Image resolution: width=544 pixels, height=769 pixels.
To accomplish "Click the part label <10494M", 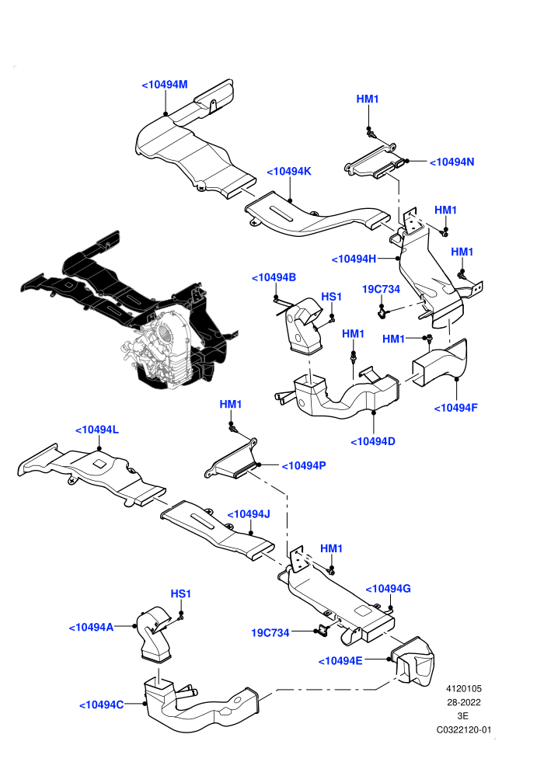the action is (x=165, y=85).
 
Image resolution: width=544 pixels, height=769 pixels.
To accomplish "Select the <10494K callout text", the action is (x=289, y=171).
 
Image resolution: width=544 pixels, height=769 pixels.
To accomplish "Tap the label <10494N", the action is (x=452, y=162).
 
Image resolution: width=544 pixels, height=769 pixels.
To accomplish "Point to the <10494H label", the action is (x=354, y=259).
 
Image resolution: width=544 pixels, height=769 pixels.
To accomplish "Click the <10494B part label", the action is (x=274, y=277).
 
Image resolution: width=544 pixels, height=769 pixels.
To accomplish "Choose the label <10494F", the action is (x=455, y=408).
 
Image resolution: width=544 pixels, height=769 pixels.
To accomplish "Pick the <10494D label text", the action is (x=373, y=441).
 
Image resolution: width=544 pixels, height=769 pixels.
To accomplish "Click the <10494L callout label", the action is (x=96, y=430).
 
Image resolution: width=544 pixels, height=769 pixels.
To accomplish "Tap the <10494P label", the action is (x=304, y=465).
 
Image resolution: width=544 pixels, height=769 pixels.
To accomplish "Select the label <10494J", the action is (x=249, y=514).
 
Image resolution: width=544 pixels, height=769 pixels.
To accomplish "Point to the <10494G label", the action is (x=389, y=589).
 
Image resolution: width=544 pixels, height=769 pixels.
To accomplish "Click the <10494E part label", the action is (x=340, y=660).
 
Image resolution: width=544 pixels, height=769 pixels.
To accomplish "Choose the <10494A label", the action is (x=91, y=628).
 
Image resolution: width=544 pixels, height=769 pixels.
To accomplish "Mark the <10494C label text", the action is (x=102, y=705).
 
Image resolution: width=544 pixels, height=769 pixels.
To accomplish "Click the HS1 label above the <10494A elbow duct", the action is (x=180, y=593).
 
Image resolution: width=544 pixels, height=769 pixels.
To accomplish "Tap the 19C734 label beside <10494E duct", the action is (x=270, y=632).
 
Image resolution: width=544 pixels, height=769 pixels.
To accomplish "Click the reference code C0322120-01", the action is (x=463, y=729).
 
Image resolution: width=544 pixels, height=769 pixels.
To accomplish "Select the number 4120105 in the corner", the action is (x=463, y=688).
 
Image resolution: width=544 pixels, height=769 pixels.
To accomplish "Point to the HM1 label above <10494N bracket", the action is (x=368, y=99).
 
